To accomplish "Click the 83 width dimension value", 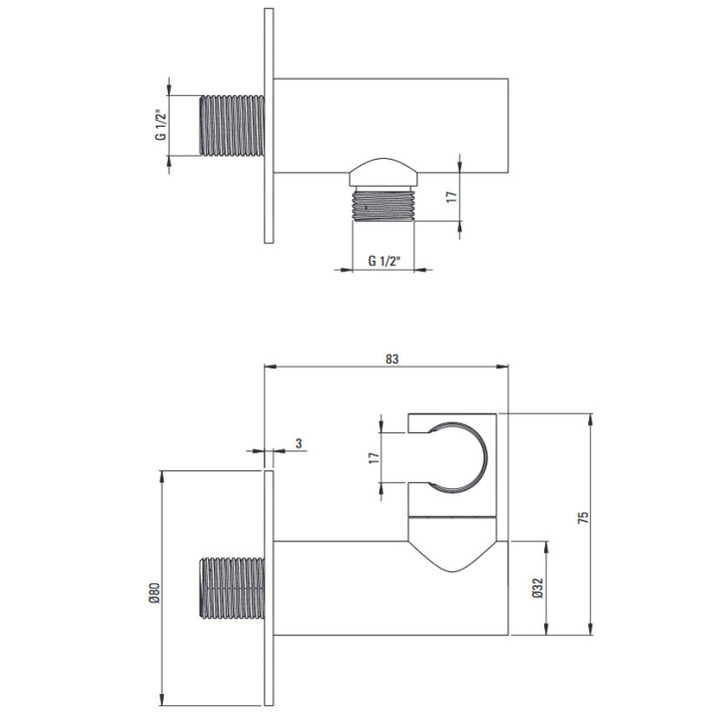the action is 392,359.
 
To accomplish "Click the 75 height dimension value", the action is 583,517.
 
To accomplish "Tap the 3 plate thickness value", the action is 299,443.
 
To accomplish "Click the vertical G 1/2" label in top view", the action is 161,125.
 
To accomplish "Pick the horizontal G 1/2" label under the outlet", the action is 384,261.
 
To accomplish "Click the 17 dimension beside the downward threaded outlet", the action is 451,197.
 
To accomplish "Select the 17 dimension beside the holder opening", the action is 374,457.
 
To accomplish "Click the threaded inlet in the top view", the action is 232,125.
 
